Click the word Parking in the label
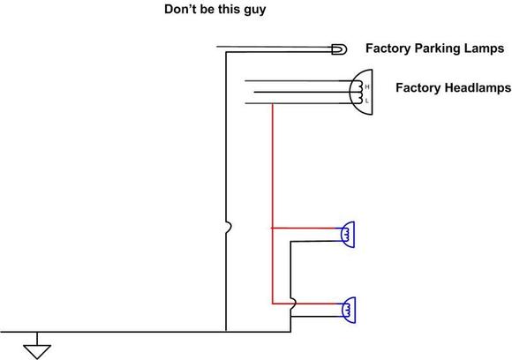(435, 49)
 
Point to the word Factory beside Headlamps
(418, 88)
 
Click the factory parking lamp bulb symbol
(339, 49)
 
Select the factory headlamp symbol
(361, 92)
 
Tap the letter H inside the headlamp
(367, 87)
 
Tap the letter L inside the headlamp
(367, 101)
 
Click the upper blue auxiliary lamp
(348, 235)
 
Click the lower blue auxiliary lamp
(348, 310)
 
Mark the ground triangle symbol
(37, 352)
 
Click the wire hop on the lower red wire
(294, 304)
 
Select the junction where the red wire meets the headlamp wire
(272, 103)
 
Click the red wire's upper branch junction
(272, 229)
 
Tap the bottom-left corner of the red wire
(272, 304)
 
